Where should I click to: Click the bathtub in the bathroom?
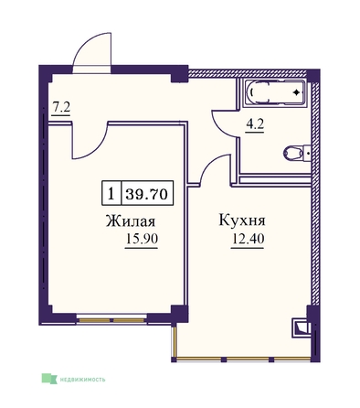(x=275, y=92)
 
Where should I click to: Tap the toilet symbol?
(x=296, y=153)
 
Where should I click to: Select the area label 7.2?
(x=61, y=107)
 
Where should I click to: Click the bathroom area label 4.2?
(x=255, y=124)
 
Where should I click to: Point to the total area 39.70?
(x=147, y=193)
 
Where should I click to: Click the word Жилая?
(x=131, y=220)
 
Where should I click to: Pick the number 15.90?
(x=142, y=239)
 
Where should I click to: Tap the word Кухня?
(x=242, y=220)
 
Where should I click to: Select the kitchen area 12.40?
(x=248, y=239)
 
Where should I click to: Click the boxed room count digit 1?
(x=111, y=193)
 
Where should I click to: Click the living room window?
(x=111, y=320)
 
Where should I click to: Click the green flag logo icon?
(x=49, y=379)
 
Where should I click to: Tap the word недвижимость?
(x=82, y=380)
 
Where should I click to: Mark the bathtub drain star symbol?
(x=296, y=92)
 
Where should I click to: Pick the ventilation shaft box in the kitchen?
(x=301, y=327)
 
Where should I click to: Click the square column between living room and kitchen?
(x=179, y=314)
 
